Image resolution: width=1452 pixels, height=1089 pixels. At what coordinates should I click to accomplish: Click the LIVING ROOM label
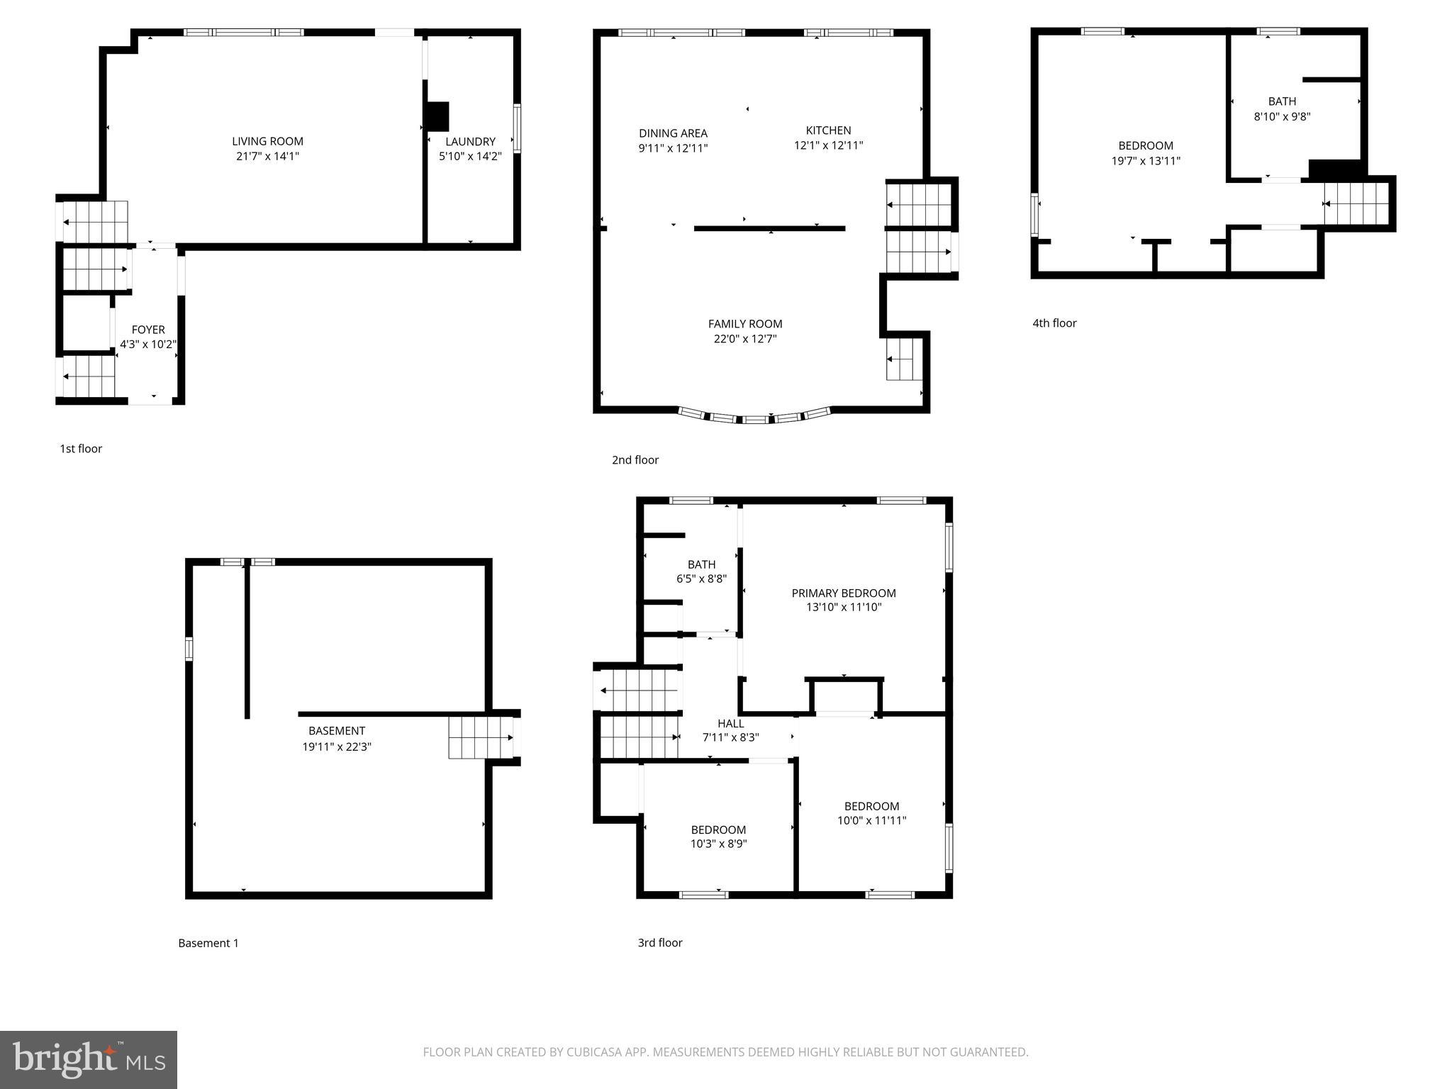(267, 141)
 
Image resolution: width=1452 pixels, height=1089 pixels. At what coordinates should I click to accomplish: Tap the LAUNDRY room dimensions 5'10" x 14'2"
(470, 157)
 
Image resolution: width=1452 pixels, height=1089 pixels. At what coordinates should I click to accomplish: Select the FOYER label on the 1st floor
(148, 330)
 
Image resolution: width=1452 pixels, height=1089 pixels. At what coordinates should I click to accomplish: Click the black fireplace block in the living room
(437, 117)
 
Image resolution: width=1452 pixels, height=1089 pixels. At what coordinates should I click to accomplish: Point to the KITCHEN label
(828, 130)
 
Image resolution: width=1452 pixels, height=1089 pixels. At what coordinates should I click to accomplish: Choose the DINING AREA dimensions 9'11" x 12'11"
(673, 148)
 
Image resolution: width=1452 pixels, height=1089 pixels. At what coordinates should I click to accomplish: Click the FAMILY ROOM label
(745, 324)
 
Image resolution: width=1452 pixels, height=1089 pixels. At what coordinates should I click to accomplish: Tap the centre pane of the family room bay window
(755, 420)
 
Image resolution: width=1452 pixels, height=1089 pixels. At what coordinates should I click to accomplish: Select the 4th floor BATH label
(1282, 101)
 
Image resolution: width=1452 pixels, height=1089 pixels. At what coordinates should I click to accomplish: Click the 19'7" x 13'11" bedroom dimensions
(1146, 161)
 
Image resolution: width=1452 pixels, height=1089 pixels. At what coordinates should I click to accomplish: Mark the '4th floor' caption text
(1054, 323)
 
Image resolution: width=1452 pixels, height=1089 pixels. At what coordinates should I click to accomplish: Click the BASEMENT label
(337, 731)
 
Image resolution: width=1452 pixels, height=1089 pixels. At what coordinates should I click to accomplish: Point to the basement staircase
(481, 738)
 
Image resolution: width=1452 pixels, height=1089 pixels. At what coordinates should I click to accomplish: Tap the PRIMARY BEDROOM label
(844, 593)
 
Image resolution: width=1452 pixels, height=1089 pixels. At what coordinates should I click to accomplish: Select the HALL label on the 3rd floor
(730, 723)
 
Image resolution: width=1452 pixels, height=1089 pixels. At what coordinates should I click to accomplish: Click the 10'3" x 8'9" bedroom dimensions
(718, 844)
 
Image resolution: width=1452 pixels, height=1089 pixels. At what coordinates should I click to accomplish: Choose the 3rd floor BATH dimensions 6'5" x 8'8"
(701, 579)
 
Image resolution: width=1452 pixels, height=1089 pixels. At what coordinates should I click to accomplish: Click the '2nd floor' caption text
(635, 460)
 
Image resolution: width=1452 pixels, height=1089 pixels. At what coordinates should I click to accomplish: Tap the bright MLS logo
(89, 1060)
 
